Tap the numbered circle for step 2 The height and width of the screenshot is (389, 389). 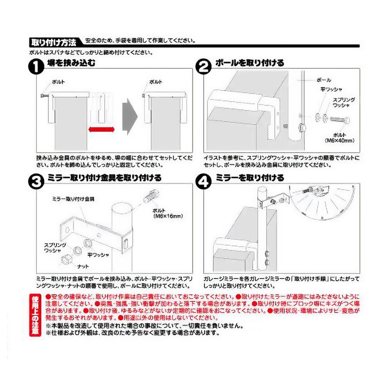(x=203, y=67)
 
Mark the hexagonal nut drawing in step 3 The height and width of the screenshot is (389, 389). (x=66, y=259)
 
